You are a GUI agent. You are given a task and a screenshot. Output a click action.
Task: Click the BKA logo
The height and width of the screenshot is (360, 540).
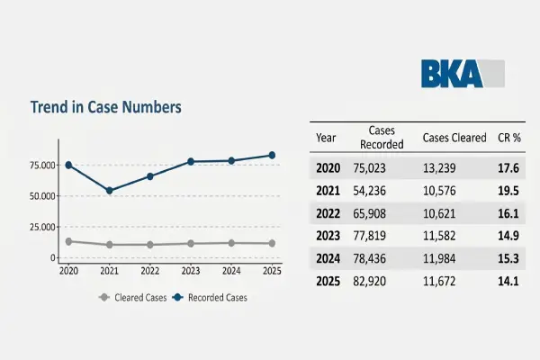tap(462, 73)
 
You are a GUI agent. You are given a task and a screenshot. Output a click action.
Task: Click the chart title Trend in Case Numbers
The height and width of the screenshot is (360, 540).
tap(106, 107)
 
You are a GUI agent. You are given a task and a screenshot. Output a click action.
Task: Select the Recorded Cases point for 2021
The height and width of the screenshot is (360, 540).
tap(109, 190)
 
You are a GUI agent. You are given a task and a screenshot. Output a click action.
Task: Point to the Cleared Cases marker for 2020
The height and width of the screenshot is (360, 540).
tap(67, 241)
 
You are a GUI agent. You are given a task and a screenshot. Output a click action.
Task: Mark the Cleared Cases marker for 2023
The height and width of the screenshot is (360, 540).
tap(191, 243)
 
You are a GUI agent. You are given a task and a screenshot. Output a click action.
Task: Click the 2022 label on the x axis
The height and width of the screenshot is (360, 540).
tap(150, 270)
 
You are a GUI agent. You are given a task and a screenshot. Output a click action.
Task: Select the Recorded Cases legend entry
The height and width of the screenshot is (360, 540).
tap(211, 297)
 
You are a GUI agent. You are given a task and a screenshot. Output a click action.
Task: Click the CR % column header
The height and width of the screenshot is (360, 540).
tap(510, 138)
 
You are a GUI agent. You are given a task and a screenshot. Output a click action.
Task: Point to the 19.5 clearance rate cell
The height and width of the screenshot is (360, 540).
tap(509, 191)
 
